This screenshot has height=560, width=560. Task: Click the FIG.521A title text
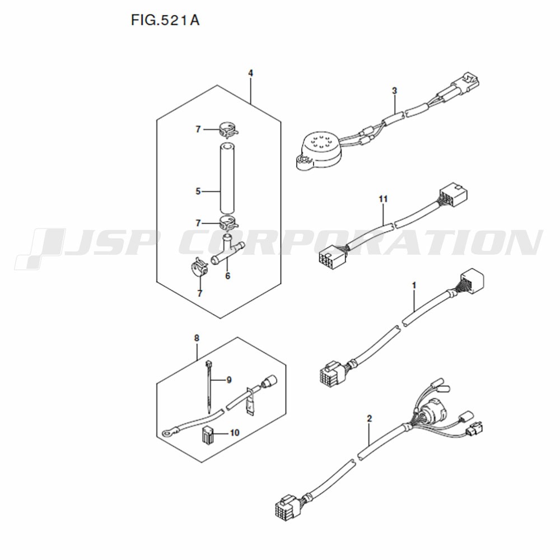[x=165, y=20]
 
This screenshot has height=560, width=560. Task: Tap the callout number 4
[x=251, y=73]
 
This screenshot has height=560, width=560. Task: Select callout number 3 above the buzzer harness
[x=394, y=91]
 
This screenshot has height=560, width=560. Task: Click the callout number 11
[x=383, y=199]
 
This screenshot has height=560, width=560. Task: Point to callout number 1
[x=414, y=286]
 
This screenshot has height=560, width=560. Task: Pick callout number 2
[x=369, y=418]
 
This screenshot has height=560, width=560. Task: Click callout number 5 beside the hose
[x=198, y=192]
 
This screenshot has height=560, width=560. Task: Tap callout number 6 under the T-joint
[x=228, y=276]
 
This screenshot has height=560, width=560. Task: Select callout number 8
[x=197, y=338]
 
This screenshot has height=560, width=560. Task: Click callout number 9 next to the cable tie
[x=229, y=380]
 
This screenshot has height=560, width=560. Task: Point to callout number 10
[x=234, y=433]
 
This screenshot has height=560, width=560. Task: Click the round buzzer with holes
[x=314, y=150]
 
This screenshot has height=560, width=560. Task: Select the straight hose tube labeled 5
[x=228, y=178]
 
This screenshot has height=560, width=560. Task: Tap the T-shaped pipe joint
[x=228, y=250]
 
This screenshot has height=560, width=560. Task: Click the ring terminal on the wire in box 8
[x=167, y=433]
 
